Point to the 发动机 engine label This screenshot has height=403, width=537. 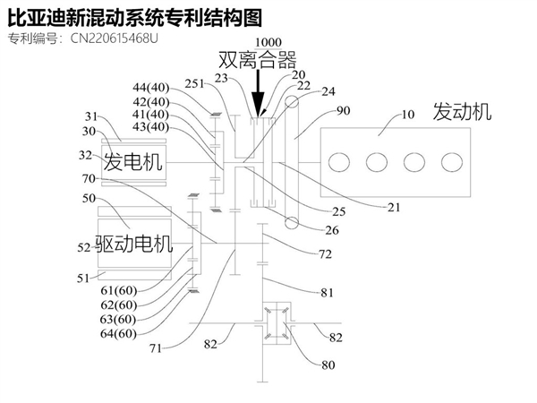click(462, 112)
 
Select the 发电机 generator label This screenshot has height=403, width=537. click(133, 162)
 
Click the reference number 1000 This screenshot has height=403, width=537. click(267, 42)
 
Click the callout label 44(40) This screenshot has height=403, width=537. click(149, 89)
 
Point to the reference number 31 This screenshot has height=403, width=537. click(91, 115)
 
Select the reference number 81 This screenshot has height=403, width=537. click(328, 291)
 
